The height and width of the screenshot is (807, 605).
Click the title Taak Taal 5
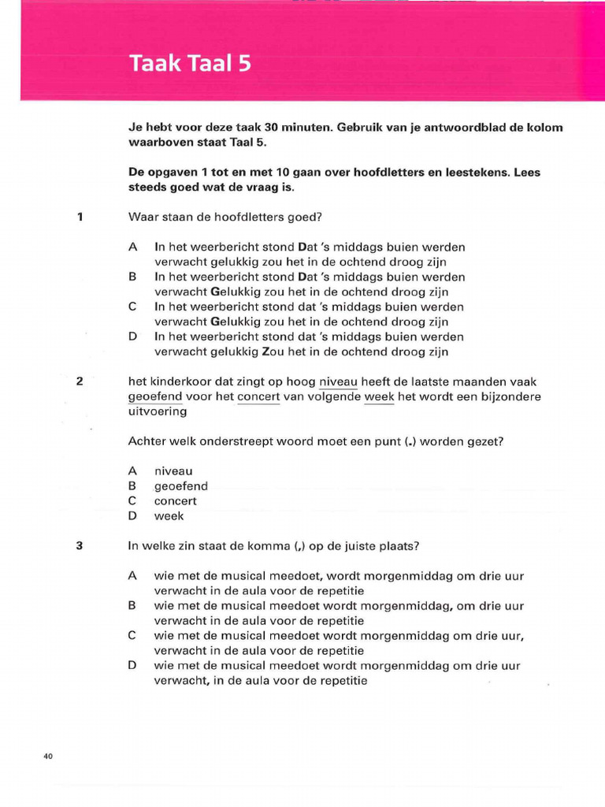tap(190, 64)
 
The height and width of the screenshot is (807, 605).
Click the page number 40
tap(48, 757)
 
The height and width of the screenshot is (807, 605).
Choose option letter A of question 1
tap(133, 247)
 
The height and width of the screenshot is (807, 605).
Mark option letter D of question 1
tap(133, 337)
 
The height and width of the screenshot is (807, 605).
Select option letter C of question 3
tap(133, 636)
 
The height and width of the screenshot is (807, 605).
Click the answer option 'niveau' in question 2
tap(173, 471)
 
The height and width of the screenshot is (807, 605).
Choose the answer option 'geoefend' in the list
tap(181, 487)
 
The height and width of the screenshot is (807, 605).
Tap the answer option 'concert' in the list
tap(176, 501)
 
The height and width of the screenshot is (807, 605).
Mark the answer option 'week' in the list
tap(169, 516)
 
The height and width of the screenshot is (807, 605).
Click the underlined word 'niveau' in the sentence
tap(338, 382)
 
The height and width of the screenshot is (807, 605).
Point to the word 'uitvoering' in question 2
tap(158, 411)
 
